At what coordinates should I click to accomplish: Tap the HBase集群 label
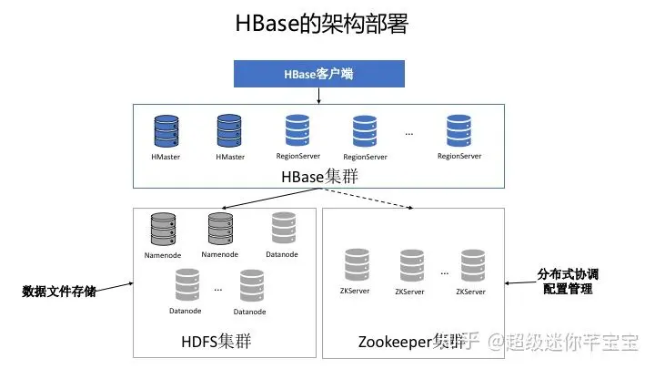tap(318, 176)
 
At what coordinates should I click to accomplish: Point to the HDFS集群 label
tap(217, 342)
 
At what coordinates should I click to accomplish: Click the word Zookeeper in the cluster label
tap(388, 342)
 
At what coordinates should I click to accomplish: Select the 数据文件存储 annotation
tap(60, 292)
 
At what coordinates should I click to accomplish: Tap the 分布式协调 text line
tap(568, 273)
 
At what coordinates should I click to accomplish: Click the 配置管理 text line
tap(568, 289)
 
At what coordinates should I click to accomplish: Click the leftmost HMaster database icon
tap(166, 132)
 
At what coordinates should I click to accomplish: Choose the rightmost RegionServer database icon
tap(459, 132)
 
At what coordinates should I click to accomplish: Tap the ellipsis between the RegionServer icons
tap(409, 133)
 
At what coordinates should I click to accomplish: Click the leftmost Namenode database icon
tap(163, 230)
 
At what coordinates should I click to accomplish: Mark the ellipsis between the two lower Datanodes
tap(218, 288)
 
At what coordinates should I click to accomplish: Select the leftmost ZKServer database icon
tap(357, 266)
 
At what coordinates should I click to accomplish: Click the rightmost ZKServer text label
tap(470, 292)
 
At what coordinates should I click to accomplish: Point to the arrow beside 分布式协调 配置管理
tap(519, 282)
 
